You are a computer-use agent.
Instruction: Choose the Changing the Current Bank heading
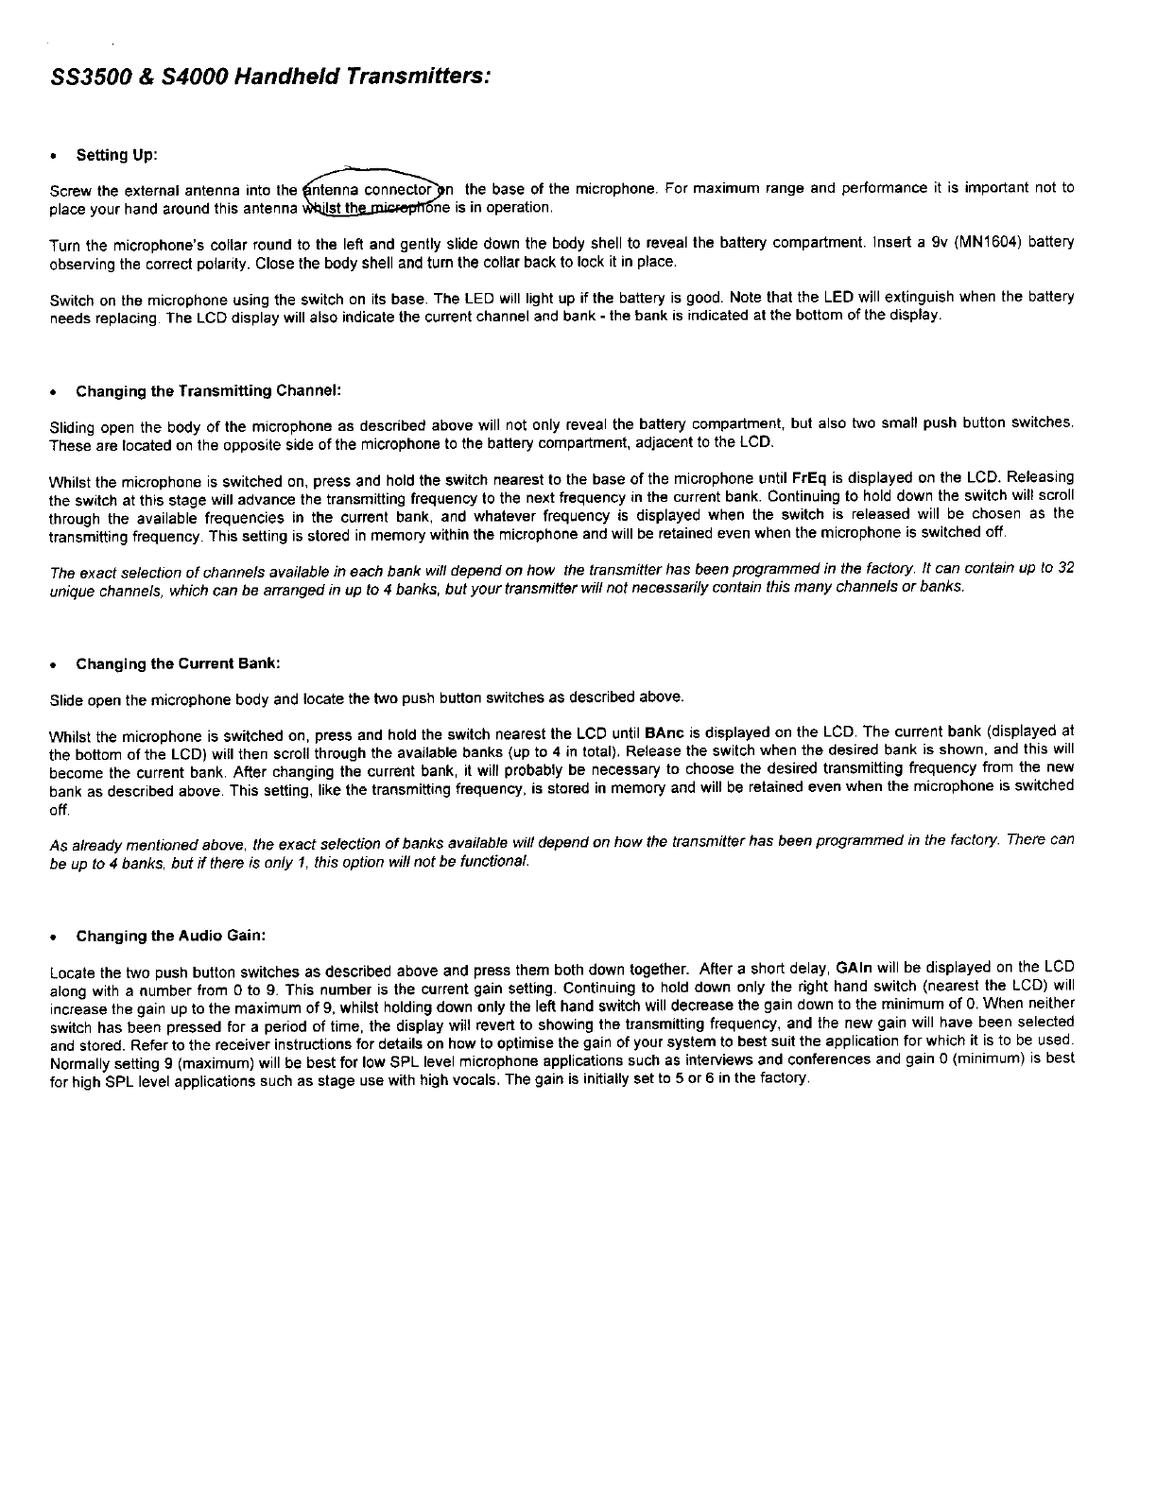pos(178,663)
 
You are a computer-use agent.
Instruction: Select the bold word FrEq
pos(810,477)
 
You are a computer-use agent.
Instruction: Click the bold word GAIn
pos(855,968)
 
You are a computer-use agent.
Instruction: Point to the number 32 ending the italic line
pos(1064,568)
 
